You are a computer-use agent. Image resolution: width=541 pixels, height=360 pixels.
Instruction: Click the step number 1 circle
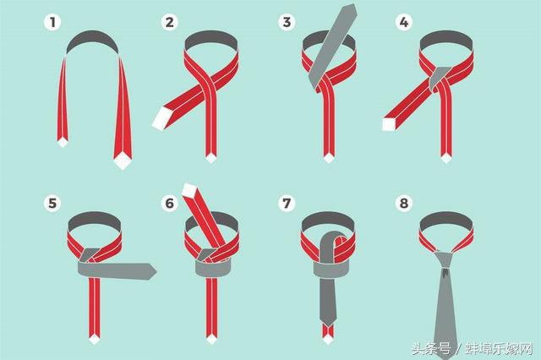coord(52,23)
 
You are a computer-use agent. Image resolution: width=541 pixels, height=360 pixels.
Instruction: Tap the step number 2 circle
coord(169,23)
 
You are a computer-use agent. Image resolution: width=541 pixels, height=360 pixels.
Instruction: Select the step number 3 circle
coord(287,23)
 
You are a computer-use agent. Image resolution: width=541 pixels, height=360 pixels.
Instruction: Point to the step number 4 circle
coord(404,23)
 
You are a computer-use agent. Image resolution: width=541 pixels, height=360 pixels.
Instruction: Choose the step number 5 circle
coord(52,203)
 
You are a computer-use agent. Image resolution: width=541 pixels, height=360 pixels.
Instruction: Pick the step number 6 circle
coord(169,203)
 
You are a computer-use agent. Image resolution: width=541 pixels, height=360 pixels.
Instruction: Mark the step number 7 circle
coord(287,203)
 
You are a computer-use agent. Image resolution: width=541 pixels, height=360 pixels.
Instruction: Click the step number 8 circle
coord(404,203)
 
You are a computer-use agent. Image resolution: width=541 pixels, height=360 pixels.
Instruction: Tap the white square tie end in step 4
coord(389,124)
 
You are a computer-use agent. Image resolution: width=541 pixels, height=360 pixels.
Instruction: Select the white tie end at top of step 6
coord(189,189)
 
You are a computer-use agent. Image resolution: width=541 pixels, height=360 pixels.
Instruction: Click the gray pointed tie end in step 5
coord(150,271)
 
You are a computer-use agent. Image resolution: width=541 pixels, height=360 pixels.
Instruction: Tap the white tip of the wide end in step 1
coord(122,162)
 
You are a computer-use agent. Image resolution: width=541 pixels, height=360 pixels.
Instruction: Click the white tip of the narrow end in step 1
coord(63,143)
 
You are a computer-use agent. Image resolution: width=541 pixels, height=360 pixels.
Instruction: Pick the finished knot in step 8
coord(445,261)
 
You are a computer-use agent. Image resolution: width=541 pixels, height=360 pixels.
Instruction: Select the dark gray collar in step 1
coord(92,41)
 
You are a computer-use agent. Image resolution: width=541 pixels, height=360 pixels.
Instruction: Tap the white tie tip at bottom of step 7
coord(328,340)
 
